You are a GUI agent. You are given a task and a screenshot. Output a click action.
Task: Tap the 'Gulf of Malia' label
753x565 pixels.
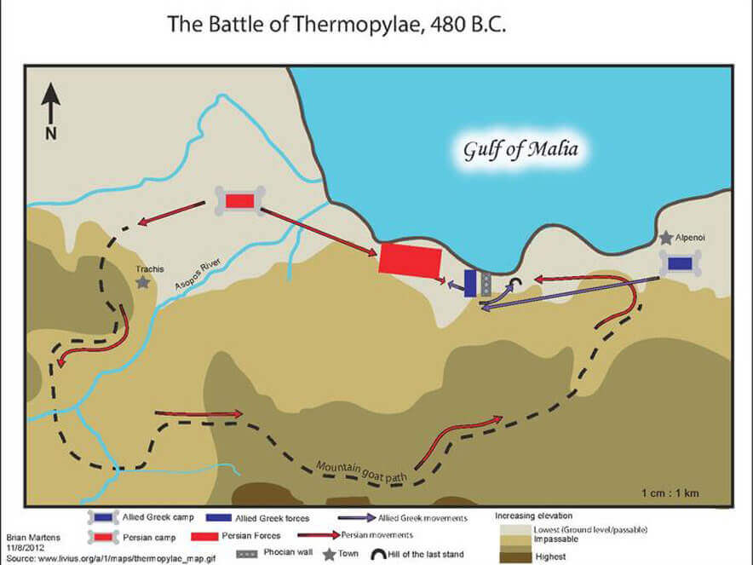point(520,150)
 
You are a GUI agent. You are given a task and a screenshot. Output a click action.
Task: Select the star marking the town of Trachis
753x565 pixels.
point(142,280)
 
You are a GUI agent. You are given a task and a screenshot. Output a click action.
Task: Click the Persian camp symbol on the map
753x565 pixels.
point(239,200)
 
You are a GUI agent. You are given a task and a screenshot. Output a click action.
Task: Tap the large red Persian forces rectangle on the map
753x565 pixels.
point(410,259)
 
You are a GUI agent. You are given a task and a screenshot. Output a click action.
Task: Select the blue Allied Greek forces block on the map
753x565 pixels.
point(470,284)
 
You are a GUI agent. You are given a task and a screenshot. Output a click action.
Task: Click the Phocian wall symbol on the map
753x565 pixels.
point(486,285)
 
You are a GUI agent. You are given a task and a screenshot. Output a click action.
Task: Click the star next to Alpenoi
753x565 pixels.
point(664,238)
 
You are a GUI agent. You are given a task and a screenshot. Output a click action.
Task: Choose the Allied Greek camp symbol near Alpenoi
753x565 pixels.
point(679,264)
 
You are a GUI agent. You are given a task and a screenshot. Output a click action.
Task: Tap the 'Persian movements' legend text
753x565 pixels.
point(376,534)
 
